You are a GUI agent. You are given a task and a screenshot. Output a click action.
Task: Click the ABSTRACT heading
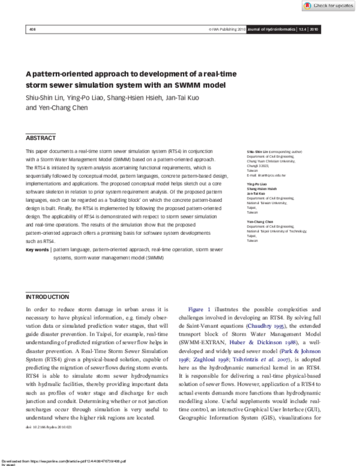(x=41, y=138)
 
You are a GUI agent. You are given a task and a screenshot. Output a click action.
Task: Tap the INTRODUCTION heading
(x=47, y=297)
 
